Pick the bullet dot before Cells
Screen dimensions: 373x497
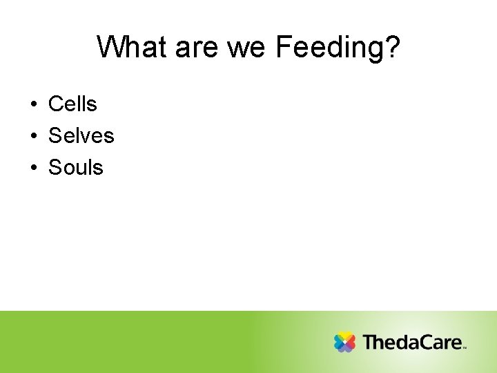[x=33, y=105]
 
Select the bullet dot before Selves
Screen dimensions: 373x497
[x=33, y=137]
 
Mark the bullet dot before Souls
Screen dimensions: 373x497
[x=33, y=169]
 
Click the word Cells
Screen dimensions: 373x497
[x=72, y=104]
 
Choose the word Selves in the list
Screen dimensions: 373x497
[x=81, y=136]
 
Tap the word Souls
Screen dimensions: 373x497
[x=75, y=168]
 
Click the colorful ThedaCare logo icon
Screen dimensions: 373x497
[x=344, y=342]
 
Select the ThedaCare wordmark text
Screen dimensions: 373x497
[x=413, y=342]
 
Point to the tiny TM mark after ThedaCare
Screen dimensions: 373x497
[x=465, y=348]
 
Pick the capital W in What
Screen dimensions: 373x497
[x=110, y=48]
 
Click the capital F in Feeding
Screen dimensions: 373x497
[x=283, y=48]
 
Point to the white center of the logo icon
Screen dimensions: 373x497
[x=344, y=342]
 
